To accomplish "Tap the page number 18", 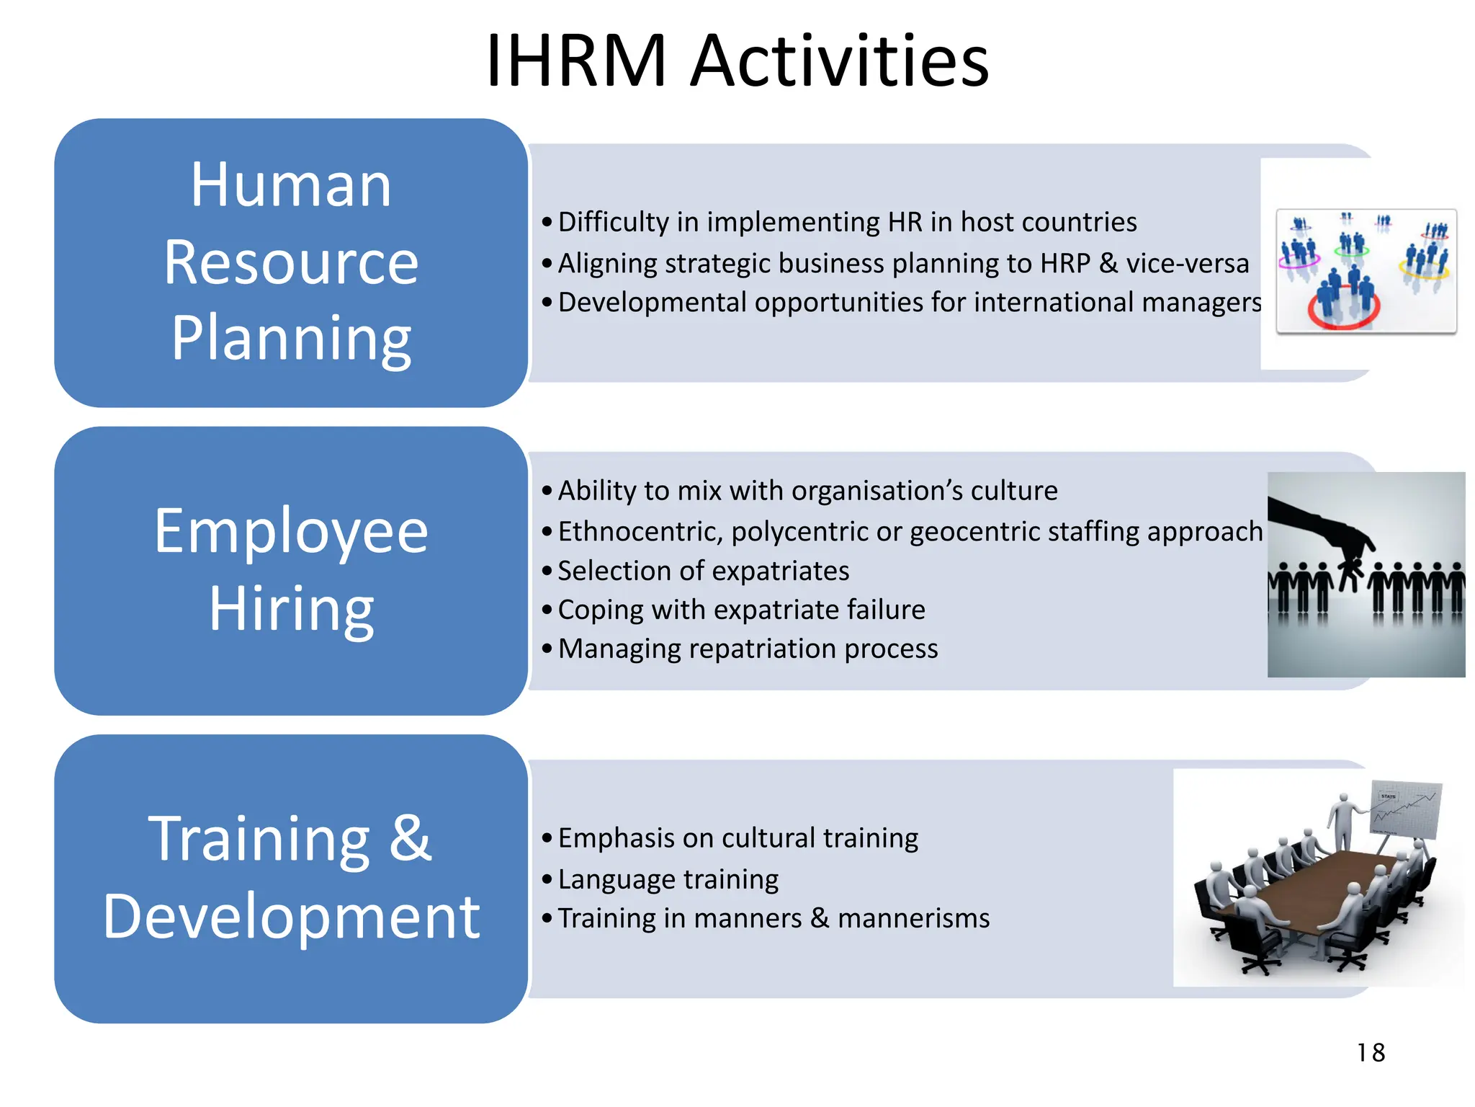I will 1371,1053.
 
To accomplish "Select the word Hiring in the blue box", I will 291,609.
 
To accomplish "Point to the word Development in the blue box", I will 291,917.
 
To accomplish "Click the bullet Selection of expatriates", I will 703,571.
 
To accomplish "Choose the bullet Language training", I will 668,879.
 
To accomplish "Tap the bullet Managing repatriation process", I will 748,649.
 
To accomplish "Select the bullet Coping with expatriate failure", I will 741,610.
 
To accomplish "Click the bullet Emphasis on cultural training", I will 737,838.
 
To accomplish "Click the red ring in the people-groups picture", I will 1344,310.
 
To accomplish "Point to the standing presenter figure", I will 1342,822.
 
